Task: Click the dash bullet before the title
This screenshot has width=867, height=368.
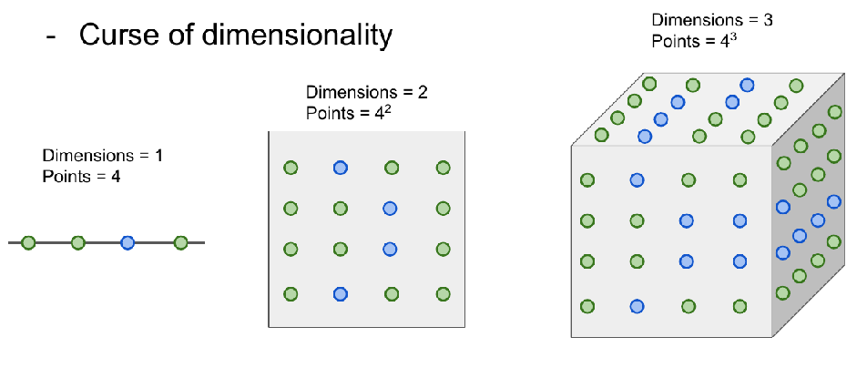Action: click(x=51, y=36)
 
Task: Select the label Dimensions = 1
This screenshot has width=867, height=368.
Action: click(x=102, y=156)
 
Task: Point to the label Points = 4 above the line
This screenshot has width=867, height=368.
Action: click(x=81, y=176)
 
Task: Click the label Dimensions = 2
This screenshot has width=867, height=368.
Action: click(x=366, y=93)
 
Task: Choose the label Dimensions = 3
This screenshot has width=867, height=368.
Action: click(x=712, y=20)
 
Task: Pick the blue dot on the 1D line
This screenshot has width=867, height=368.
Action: click(x=127, y=242)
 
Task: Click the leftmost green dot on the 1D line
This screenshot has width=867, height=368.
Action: click(x=28, y=242)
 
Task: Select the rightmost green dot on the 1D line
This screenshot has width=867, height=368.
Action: click(x=180, y=242)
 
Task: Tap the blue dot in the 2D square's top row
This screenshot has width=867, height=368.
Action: click(x=340, y=167)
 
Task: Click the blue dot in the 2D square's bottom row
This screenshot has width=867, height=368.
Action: click(x=340, y=293)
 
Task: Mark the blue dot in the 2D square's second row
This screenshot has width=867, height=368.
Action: click(x=391, y=209)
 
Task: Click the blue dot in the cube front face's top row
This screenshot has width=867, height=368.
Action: click(x=637, y=179)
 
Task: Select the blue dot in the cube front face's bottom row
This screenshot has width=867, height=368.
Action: click(x=637, y=306)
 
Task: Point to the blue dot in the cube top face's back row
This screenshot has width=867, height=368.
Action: click(x=747, y=85)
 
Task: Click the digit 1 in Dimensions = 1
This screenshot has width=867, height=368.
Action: click(x=158, y=156)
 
